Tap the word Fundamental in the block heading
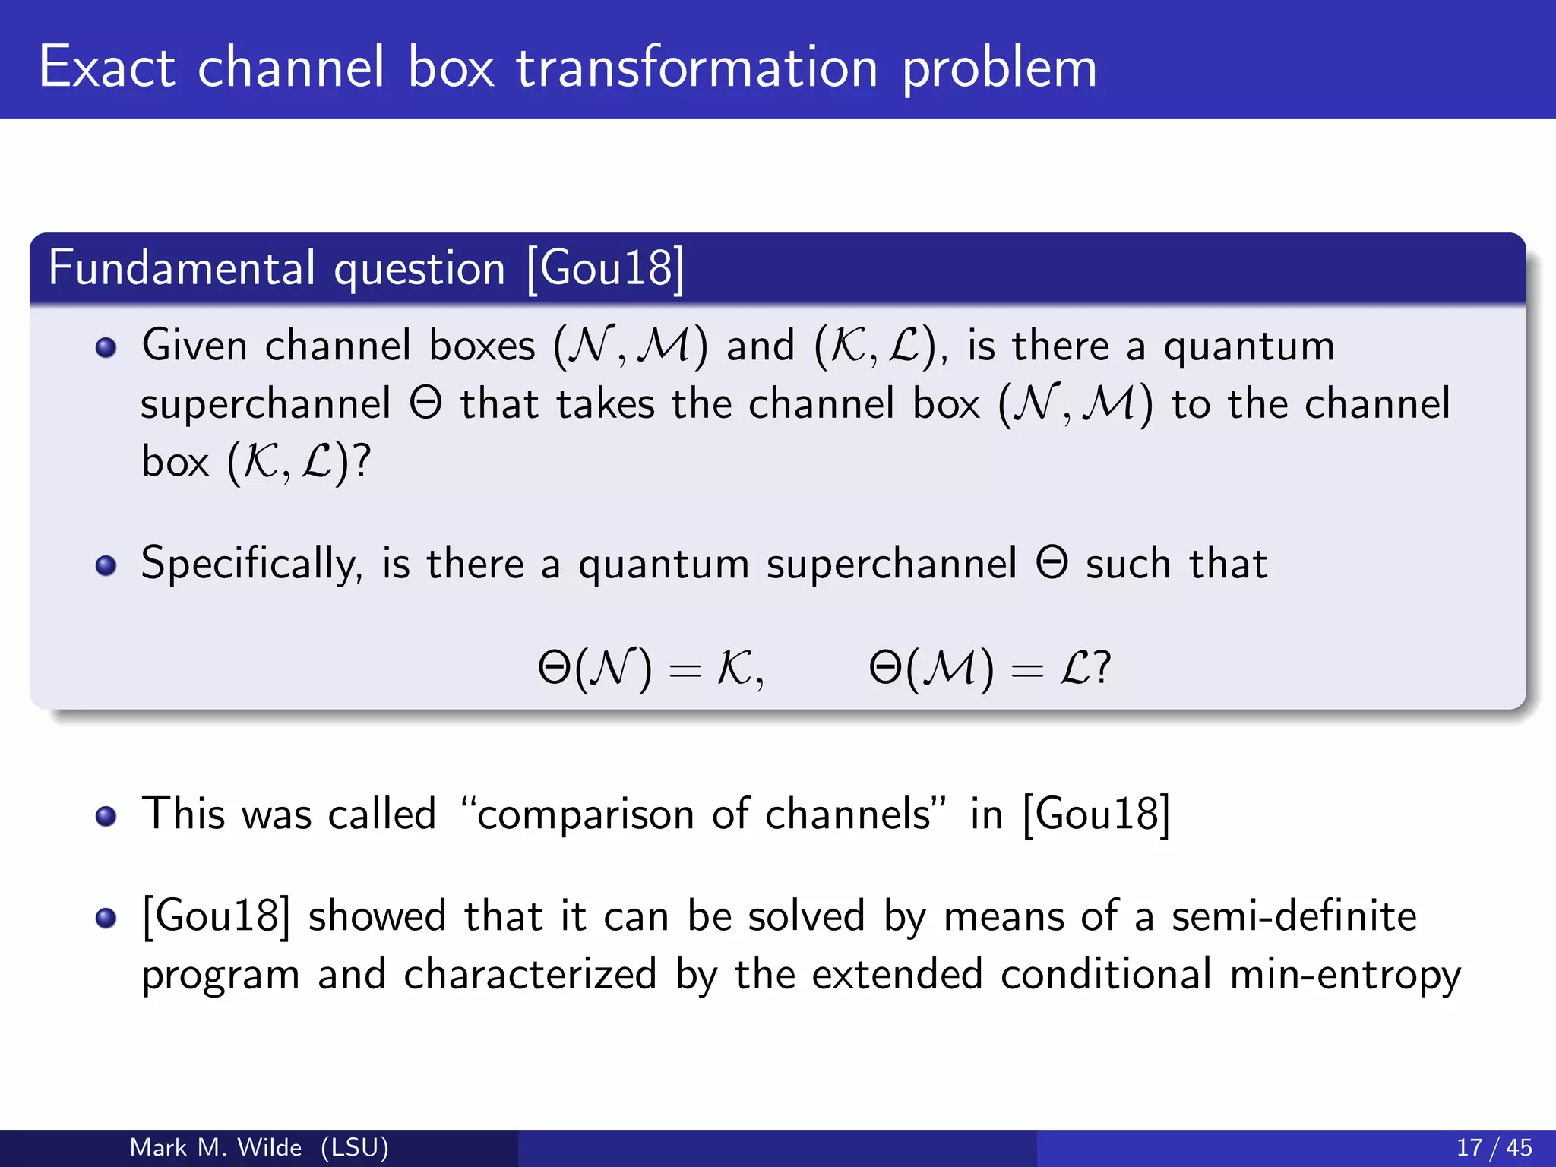pos(182,268)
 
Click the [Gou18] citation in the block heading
pos(606,268)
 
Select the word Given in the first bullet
pos(194,346)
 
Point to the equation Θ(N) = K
pos(650,669)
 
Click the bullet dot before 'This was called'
pos(106,816)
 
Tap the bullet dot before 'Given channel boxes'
pos(106,348)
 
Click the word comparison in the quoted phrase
pos(585,814)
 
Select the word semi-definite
pos(1293,916)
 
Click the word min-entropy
pos(1345,975)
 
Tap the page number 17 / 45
pos(1494,1147)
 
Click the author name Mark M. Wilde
pos(216,1147)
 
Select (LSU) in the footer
pos(355,1147)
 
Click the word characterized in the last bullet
pos(530,975)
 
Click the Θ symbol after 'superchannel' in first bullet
pos(425,403)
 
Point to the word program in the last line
pos(220,976)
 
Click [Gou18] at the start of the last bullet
pos(217,916)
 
